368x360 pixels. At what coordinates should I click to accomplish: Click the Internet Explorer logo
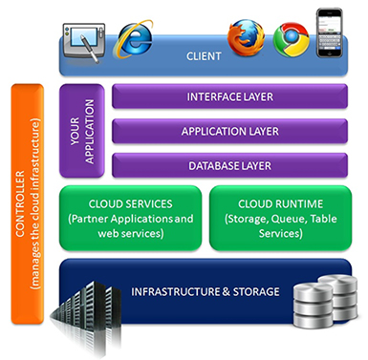(135, 39)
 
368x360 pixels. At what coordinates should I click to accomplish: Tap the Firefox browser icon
(246, 37)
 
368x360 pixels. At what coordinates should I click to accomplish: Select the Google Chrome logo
(292, 39)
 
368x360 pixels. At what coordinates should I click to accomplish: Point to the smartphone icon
(330, 32)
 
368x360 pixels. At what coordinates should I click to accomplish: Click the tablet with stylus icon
(84, 42)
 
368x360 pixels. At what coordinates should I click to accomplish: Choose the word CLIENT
(204, 56)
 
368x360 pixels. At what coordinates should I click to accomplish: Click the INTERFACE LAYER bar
(229, 96)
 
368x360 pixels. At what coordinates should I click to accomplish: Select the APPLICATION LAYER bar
(229, 131)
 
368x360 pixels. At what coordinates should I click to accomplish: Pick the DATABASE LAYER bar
(229, 165)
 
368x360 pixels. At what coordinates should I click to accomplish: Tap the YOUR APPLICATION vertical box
(82, 131)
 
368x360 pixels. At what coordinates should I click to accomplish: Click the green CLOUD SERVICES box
(131, 219)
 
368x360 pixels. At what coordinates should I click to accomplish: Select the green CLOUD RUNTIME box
(280, 219)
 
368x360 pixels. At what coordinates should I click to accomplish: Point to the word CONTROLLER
(20, 204)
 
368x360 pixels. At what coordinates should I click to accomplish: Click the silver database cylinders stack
(325, 302)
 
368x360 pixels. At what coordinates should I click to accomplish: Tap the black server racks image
(87, 318)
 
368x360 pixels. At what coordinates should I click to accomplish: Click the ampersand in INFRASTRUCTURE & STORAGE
(227, 292)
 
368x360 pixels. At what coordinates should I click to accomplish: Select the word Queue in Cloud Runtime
(288, 220)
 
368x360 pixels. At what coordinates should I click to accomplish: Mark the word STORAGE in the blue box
(256, 292)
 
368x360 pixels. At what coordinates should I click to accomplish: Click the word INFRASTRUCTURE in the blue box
(176, 292)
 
